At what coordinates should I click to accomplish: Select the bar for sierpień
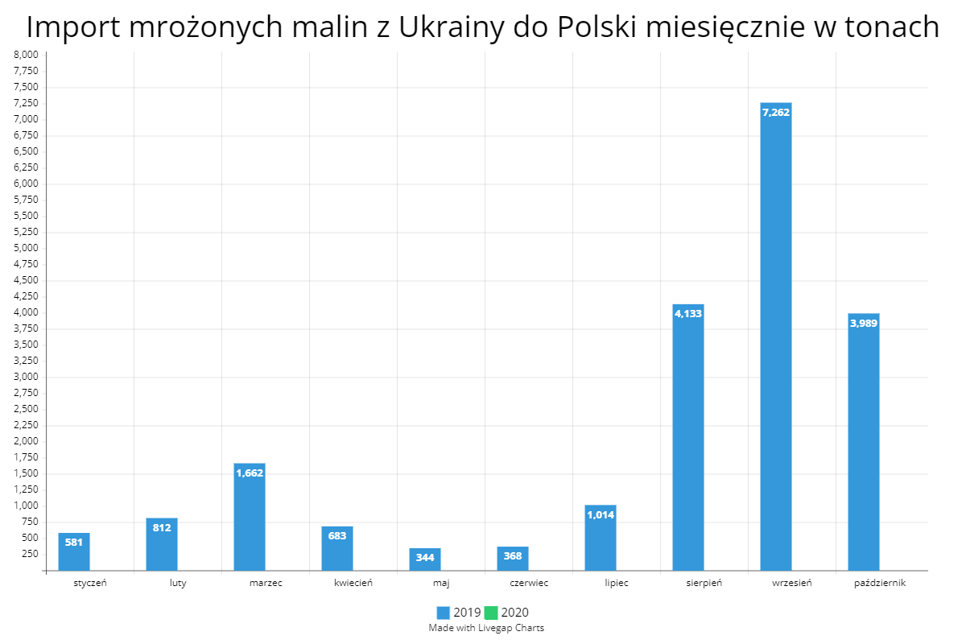pos(688,443)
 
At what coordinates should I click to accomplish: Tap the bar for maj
pos(425,560)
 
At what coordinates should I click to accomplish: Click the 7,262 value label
pos(776,112)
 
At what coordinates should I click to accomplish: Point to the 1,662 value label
pos(250,473)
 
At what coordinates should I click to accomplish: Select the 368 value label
pos(513,556)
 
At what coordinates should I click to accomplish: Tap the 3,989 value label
pos(864,323)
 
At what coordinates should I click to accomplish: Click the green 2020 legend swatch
pos(491,613)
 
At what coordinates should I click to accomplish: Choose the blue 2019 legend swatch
pos(444,613)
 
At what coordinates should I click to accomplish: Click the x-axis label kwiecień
pos(353,583)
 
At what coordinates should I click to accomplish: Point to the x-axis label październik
pos(880,583)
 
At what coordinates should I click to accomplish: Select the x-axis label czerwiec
pos(529,583)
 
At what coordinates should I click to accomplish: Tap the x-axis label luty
pos(178,583)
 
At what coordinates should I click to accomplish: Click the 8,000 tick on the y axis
pos(27,55)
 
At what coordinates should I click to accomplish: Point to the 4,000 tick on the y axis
pos(27,312)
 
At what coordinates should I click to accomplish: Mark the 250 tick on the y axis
pos(30,554)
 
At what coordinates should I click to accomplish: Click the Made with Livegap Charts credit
pos(486,628)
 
